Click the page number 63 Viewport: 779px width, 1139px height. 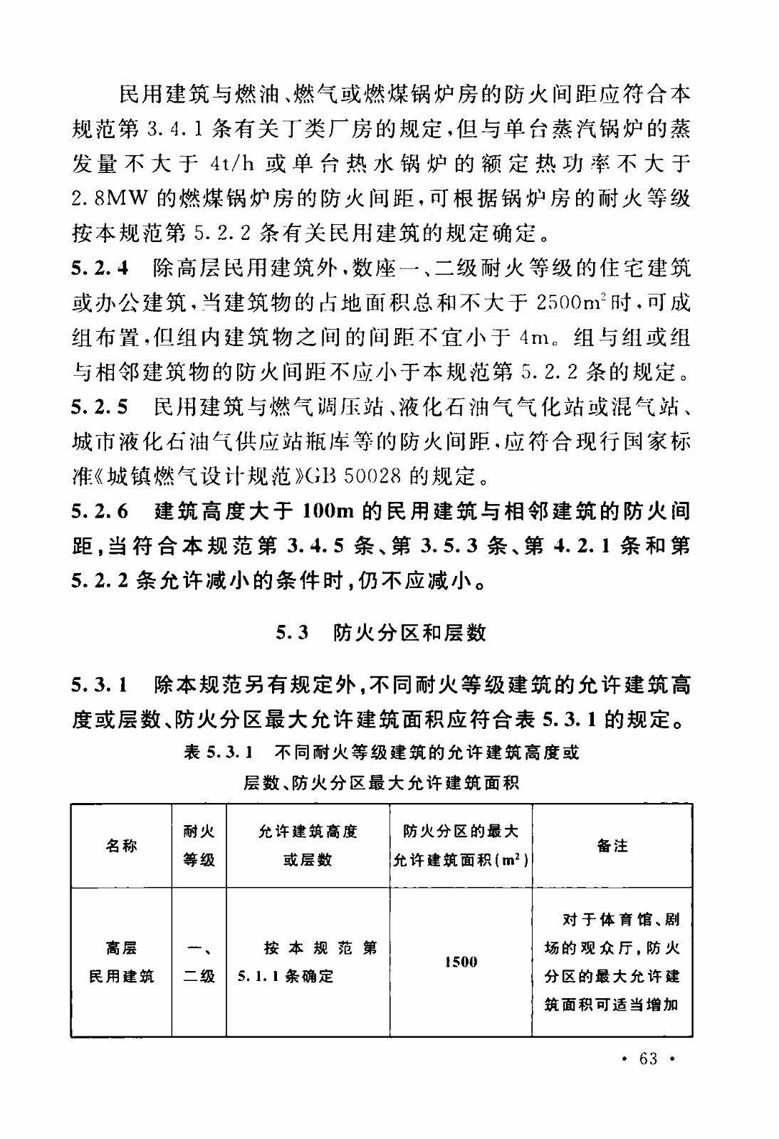[x=648, y=1059]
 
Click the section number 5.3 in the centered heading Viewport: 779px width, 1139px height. [x=292, y=632]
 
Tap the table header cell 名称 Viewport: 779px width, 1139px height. [x=121, y=846]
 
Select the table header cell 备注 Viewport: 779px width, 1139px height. [x=612, y=846]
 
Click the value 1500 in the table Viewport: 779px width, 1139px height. [x=461, y=962]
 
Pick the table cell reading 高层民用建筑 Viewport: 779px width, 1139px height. [x=121, y=962]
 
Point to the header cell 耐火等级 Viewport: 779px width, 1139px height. [x=199, y=846]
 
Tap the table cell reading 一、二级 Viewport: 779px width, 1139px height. [x=199, y=962]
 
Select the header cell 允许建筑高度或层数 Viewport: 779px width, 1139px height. [x=308, y=846]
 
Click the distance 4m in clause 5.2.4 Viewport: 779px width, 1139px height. [x=533, y=337]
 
